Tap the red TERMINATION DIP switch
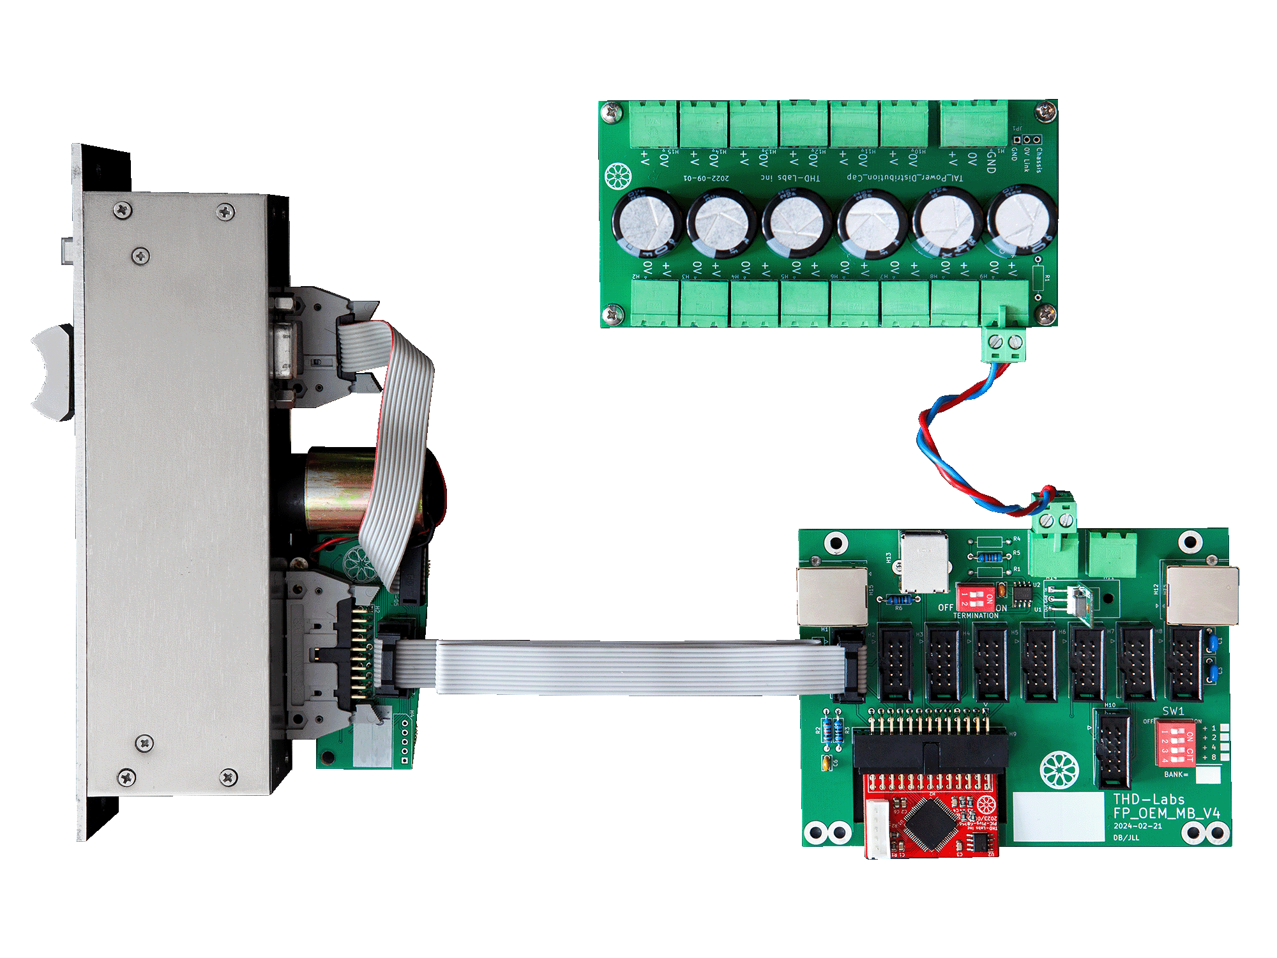click(x=975, y=598)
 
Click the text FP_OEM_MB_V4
click(x=1167, y=813)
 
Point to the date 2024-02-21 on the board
click(x=1138, y=826)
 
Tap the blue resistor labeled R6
click(x=900, y=600)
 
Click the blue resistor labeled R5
click(x=990, y=557)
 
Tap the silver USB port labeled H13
click(x=924, y=562)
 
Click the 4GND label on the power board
click(x=990, y=160)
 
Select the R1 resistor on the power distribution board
click(x=1038, y=278)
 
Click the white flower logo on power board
click(x=617, y=176)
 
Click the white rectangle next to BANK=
click(x=1207, y=775)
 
